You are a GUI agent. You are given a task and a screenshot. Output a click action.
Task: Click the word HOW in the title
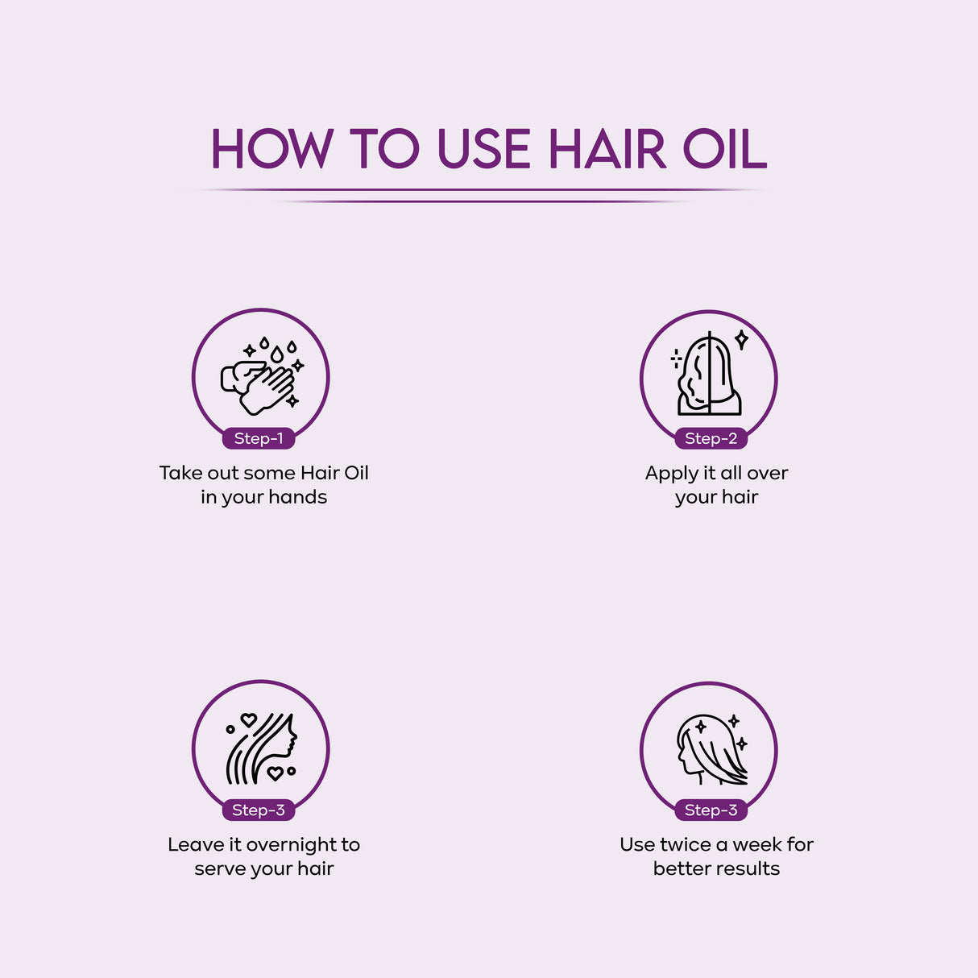click(271, 150)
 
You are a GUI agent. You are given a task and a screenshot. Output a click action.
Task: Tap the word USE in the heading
click(483, 150)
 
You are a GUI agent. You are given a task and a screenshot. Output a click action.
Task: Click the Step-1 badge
click(259, 438)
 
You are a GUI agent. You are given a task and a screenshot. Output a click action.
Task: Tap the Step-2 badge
click(711, 438)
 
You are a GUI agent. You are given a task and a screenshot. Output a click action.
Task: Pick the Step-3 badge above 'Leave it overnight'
click(259, 810)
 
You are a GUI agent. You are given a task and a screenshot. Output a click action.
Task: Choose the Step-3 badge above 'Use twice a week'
click(711, 810)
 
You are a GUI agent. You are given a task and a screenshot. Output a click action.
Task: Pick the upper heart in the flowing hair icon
click(249, 719)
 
